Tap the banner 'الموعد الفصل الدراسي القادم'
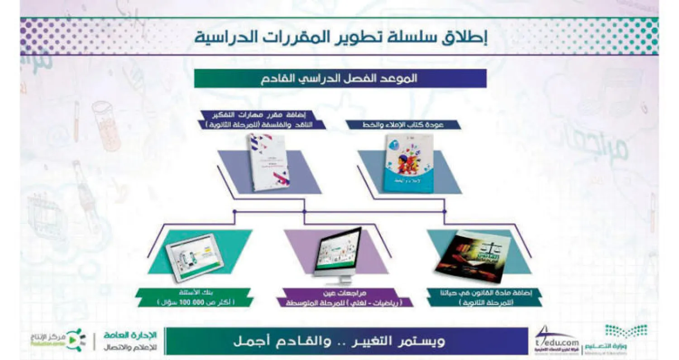340,78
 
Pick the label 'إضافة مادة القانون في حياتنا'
486,293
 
